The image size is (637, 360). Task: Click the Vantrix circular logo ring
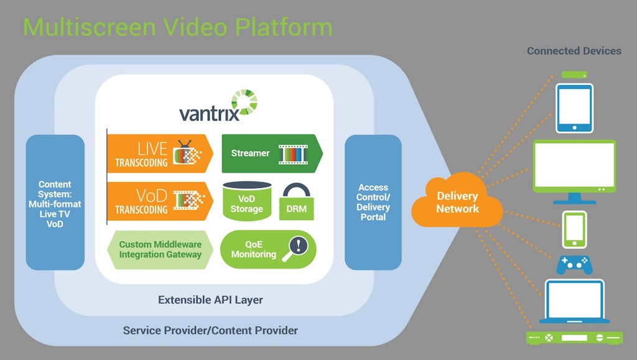[x=244, y=102]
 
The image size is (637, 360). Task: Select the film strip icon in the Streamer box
[x=293, y=154]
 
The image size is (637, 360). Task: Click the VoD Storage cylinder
[x=247, y=200]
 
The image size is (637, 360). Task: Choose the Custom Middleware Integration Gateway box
[x=160, y=249]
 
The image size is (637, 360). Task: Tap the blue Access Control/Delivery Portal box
[x=373, y=202]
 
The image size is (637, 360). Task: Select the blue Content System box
[x=55, y=202]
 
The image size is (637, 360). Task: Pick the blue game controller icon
[x=574, y=265]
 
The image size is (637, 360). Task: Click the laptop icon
[x=574, y=301]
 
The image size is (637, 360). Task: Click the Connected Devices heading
[x=574, y=51]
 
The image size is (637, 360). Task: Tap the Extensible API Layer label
[x=210, y=300]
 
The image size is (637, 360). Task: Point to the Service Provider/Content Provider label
[x=210, y=330]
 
